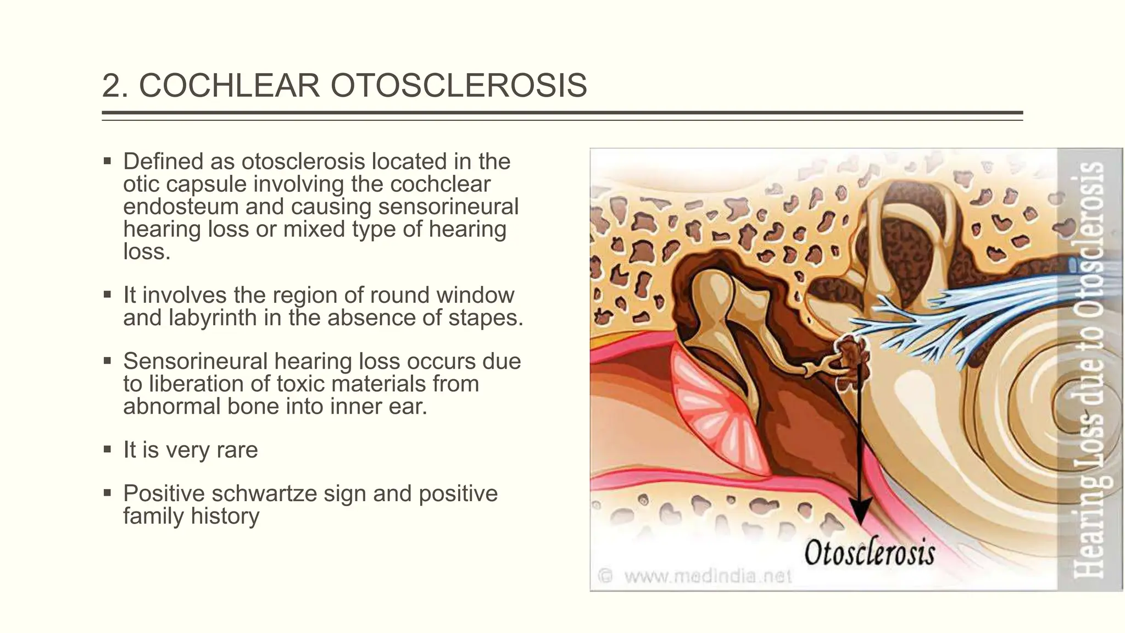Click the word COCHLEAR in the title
[x=229, y=86]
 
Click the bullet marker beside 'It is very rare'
[x=107, y=449]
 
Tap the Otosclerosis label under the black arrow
[x=870, y=552]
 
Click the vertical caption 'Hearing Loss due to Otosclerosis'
[x=1090, y=369]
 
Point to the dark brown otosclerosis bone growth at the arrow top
[x=851, y=354]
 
